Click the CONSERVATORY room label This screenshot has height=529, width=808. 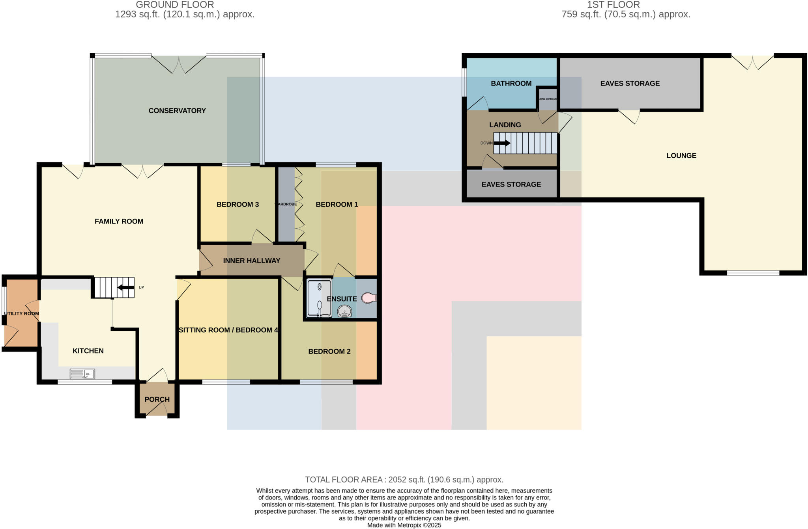point(177,111)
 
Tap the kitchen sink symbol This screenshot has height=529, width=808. point(82,373)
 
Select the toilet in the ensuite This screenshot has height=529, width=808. point(368,298)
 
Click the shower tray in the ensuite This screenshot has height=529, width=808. point(319,298)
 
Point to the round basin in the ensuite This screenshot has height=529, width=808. point(344,311)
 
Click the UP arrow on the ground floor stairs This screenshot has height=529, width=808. point(126,287)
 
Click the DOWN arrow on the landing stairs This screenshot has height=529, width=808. point(502,143)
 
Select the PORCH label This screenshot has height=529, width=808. point(157,399)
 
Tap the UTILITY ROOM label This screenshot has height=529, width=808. point(21,314)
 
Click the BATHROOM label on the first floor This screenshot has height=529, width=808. point(511,84)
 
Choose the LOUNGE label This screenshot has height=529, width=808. point(681,156)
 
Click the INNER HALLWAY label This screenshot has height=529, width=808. point(251,261)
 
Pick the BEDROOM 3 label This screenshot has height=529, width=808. point(238,204)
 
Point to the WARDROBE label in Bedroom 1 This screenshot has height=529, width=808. point(286,204)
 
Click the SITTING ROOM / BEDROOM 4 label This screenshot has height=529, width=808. point(228,330)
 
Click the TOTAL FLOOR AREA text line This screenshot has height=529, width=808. point(404,480)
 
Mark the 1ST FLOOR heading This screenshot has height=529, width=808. point(613,5)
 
